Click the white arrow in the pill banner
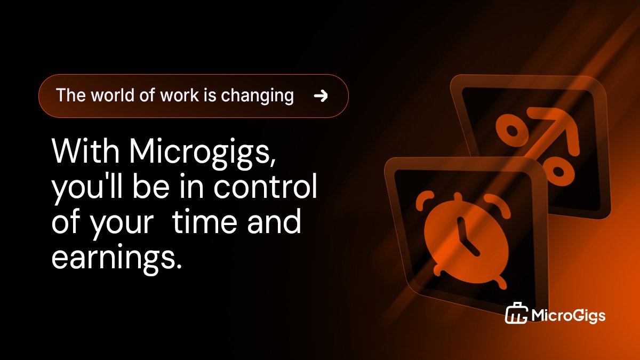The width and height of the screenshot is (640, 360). [x=321, y=96]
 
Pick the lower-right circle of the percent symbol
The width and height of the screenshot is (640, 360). [x=556, y=171]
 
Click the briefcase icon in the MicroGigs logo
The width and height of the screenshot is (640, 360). [x=516, y=315]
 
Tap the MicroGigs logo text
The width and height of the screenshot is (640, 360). [x=569, y=316]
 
